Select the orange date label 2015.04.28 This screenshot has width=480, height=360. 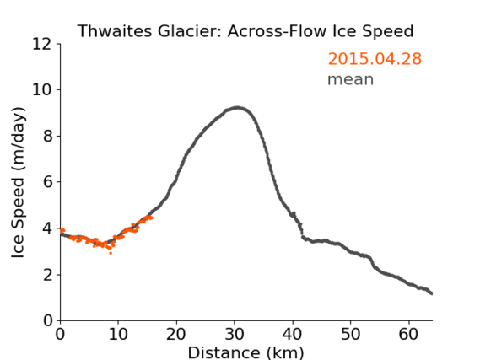tap(375, 58)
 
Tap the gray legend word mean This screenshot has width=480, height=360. tap(351, 79)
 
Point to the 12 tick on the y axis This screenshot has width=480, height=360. tap(41, 44)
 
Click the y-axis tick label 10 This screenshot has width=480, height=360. tap(41, 90)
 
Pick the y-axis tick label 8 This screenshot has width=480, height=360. tap(47, 136)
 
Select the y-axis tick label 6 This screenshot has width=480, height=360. tap(47, 182)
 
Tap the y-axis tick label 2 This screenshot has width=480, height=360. tap(47, 275)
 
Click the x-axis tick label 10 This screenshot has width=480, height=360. tap(118, 334)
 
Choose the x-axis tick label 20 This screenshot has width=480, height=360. tap(176, 334)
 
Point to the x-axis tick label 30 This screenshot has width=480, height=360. tap(235, 334)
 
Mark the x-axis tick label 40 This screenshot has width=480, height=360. tap(293, 334)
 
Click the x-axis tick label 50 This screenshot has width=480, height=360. tap(351, 334)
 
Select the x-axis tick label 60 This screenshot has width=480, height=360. tap(408, 334)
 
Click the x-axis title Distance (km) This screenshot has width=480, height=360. tap(245, 352)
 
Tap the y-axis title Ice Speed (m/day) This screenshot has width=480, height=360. tap(18, 183)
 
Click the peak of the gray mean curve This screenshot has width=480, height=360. tap(237, 107)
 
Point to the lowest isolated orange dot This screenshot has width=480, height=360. tap(111, 253)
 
